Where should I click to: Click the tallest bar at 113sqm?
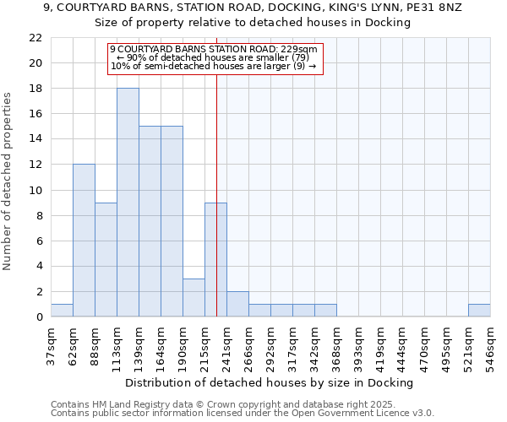128,203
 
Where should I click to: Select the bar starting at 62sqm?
84,241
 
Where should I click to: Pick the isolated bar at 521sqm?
479,311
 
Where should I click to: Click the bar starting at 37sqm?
62,311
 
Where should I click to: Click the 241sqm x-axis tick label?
226,344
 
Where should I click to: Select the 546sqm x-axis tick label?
490,344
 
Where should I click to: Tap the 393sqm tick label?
358,344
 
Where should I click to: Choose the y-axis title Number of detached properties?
8,181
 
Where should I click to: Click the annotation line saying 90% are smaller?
215,57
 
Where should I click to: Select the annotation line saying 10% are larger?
215,66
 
